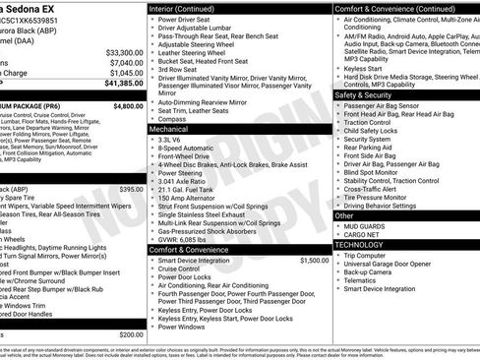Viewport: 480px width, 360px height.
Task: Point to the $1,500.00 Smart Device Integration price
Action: tap(314, 261)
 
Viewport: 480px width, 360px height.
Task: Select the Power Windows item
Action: tap(184, 327)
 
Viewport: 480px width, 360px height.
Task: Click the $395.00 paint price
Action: tap(131, 189)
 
